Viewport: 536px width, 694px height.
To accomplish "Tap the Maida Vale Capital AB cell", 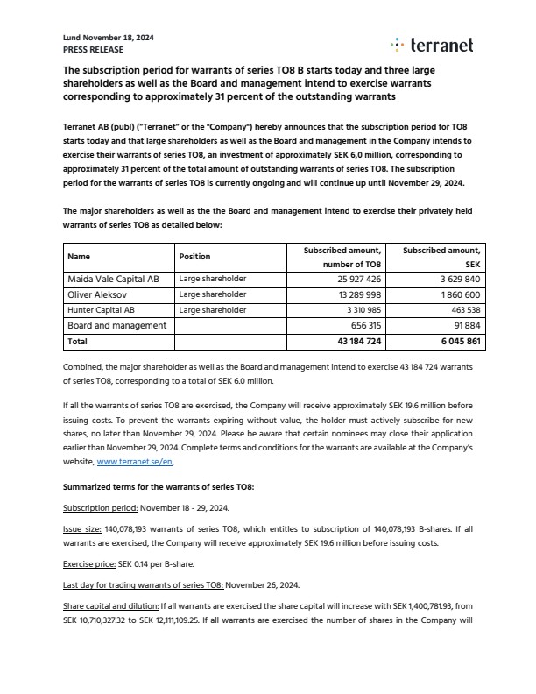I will pos(114,279).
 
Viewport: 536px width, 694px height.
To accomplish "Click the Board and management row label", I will pos(117,325).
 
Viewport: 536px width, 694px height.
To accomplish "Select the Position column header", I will pos(194,257).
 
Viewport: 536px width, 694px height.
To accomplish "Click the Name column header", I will pos(79,257).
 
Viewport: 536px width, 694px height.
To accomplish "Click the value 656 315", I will pos(361,325).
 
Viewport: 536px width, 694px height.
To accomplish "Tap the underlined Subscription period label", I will pos(99,507).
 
